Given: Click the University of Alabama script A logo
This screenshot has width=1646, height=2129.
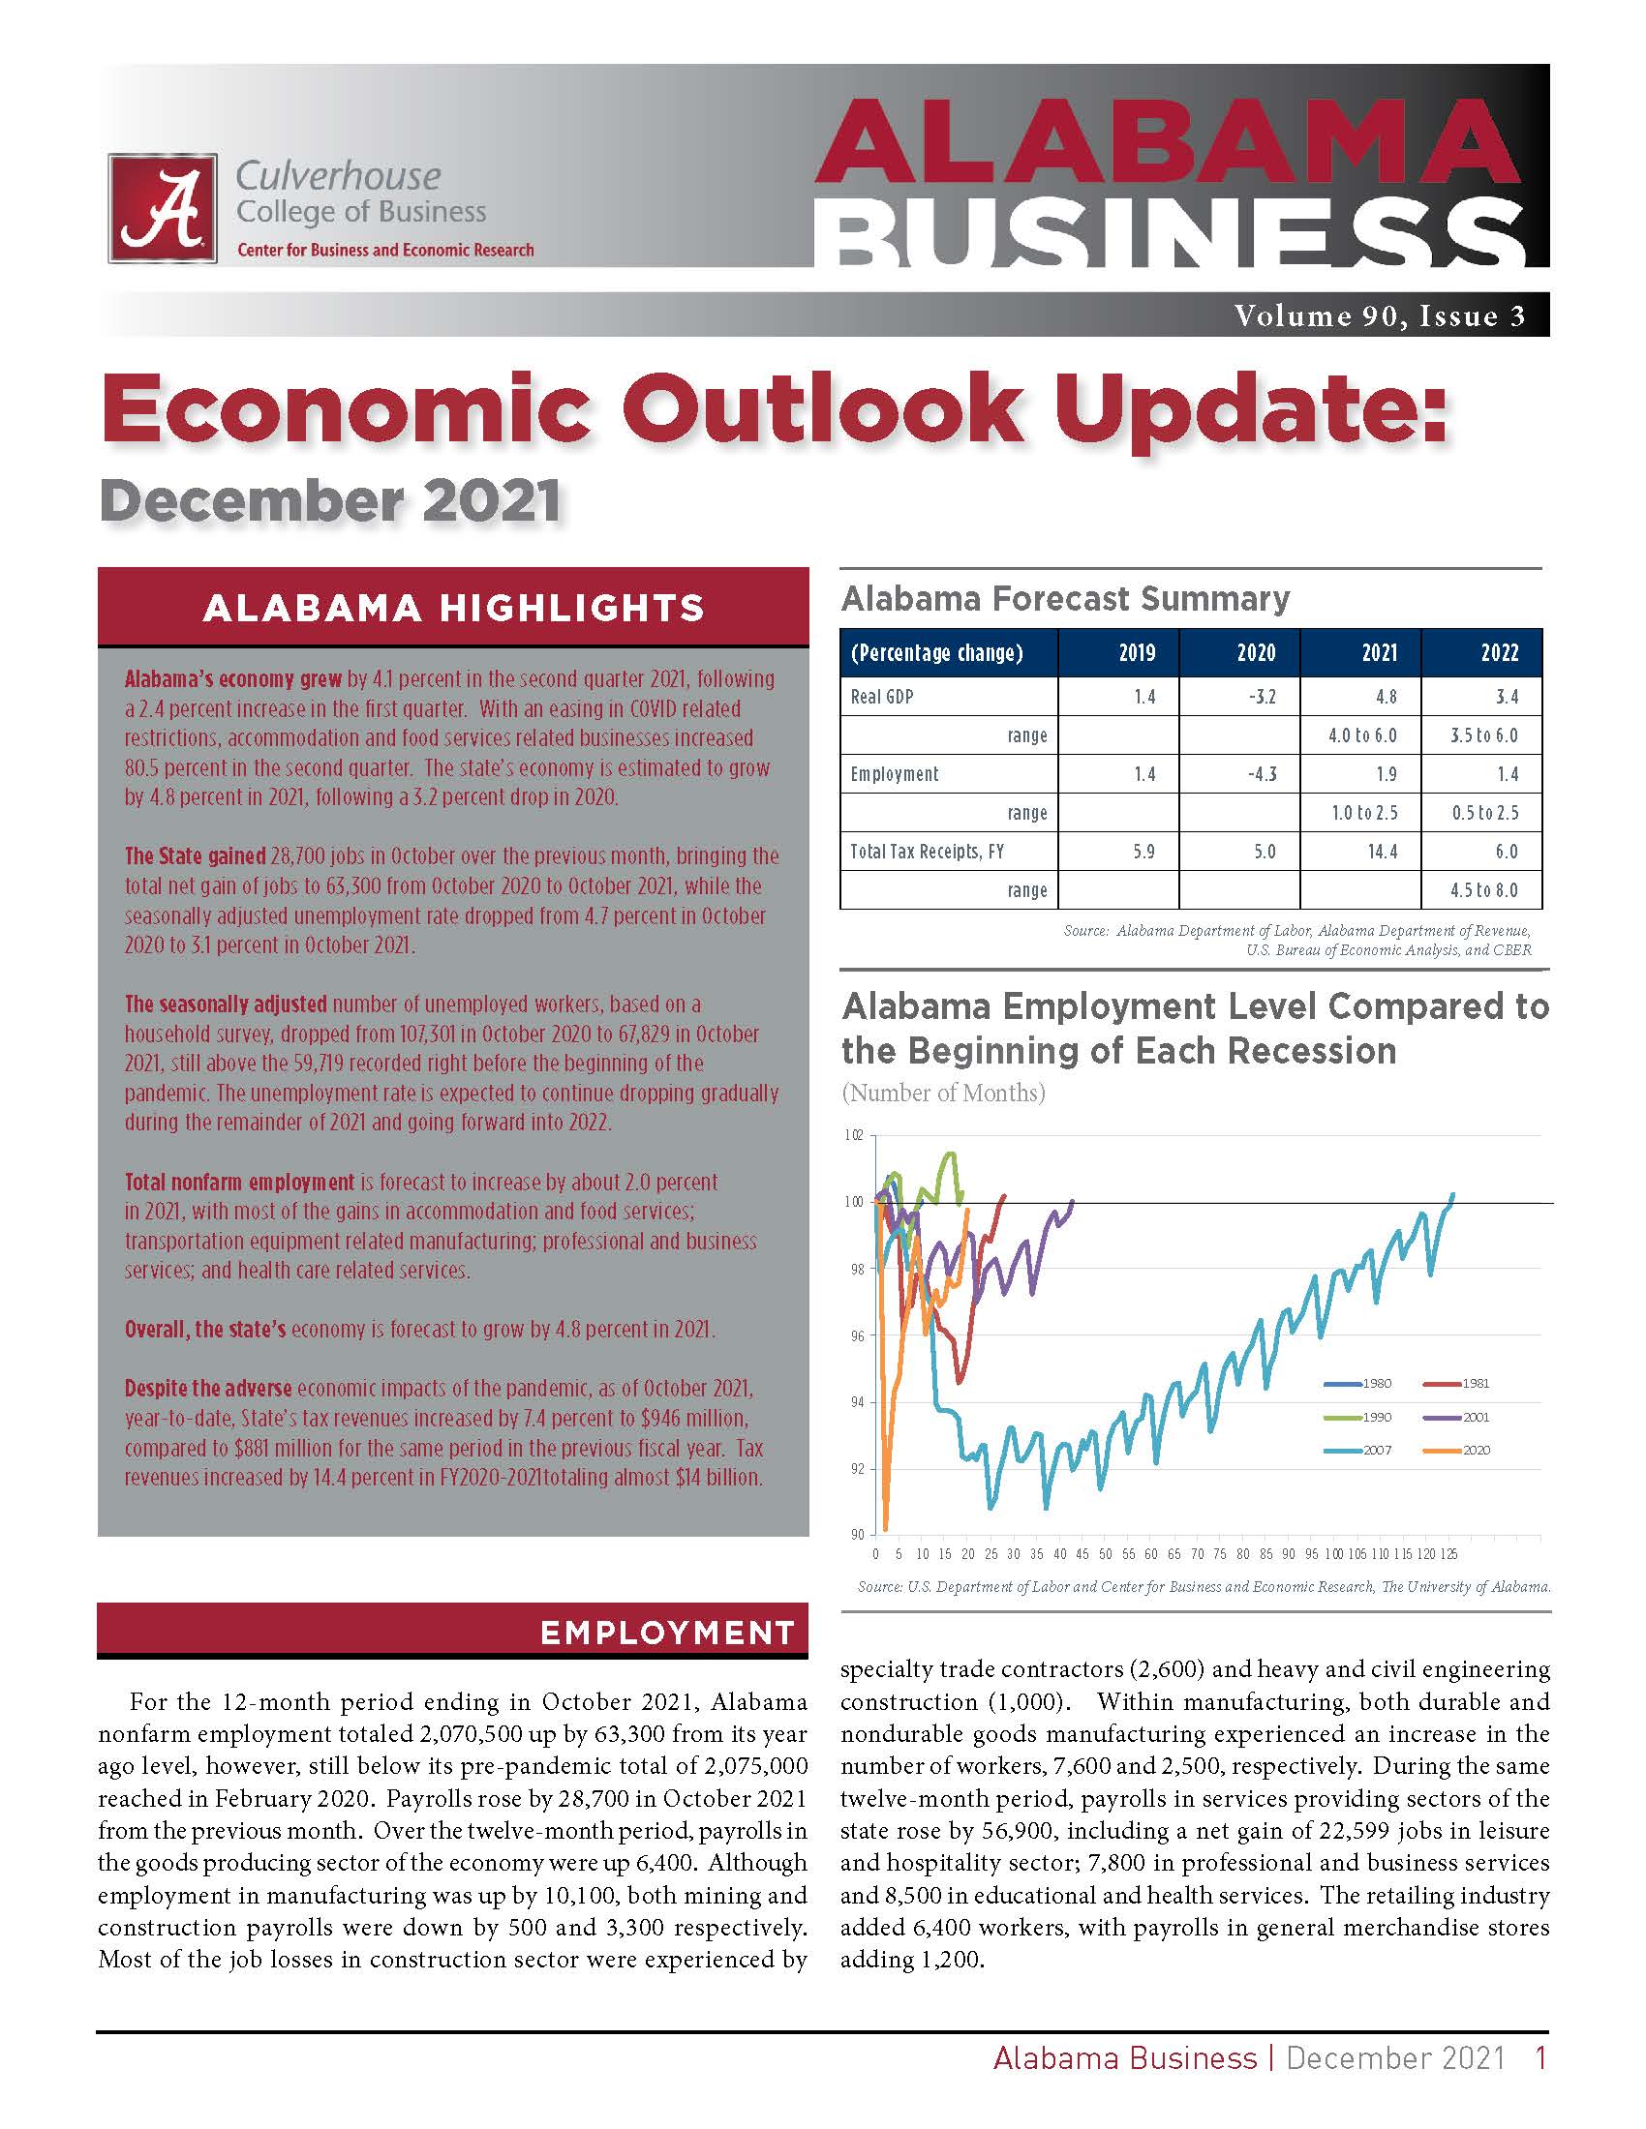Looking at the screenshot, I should tap(162, 208).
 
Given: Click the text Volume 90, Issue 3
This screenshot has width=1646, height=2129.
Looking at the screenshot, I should tap(1379, 315).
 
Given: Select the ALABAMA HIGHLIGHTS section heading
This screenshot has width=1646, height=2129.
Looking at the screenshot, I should tap(452, 608).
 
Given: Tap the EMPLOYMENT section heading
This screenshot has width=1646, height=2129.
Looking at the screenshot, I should tap(667, 1633).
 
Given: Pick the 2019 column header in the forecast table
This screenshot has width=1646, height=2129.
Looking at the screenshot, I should tap(1136, 652).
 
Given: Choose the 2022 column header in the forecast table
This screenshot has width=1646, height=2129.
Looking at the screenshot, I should tap(1499, 652).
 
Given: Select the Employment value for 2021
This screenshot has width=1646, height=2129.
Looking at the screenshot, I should tap(1386, 774).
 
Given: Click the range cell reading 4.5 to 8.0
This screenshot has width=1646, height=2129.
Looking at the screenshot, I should tap(1484, 890).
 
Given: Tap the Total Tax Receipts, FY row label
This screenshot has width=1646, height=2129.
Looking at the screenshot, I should tap(927, 852).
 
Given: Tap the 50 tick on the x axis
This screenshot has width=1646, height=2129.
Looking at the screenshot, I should tap(1105, 1554).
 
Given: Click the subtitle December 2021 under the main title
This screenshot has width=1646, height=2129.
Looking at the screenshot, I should tap(330, 501).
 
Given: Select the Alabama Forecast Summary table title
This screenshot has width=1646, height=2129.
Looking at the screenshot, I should tap(1065, 597).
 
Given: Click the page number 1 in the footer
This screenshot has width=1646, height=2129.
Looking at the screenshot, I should tap(1540, 2057).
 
